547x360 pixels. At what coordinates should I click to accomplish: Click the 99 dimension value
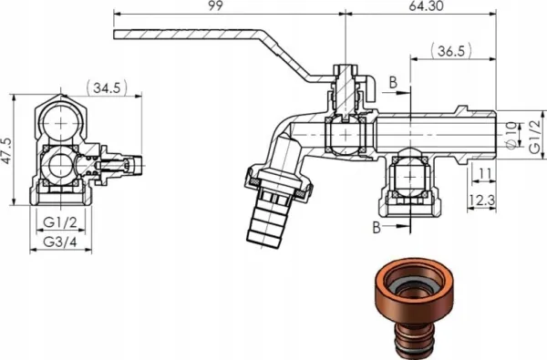click(215, 6)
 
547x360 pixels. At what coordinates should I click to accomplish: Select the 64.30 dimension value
click(426, 6)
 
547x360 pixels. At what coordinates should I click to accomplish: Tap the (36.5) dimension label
click(451, 51)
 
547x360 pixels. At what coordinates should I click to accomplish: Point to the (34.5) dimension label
click(107, 87)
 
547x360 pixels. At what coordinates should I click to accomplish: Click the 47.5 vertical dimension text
click(7, 150)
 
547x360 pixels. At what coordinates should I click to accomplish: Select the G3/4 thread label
click(60, 242)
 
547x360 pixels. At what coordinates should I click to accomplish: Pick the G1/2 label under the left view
click(60, 222)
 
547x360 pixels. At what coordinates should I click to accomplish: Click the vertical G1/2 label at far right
click(534, 137)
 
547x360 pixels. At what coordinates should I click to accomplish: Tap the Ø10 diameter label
click(511, 135)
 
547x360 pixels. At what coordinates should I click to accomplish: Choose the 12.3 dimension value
click(481, 201)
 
